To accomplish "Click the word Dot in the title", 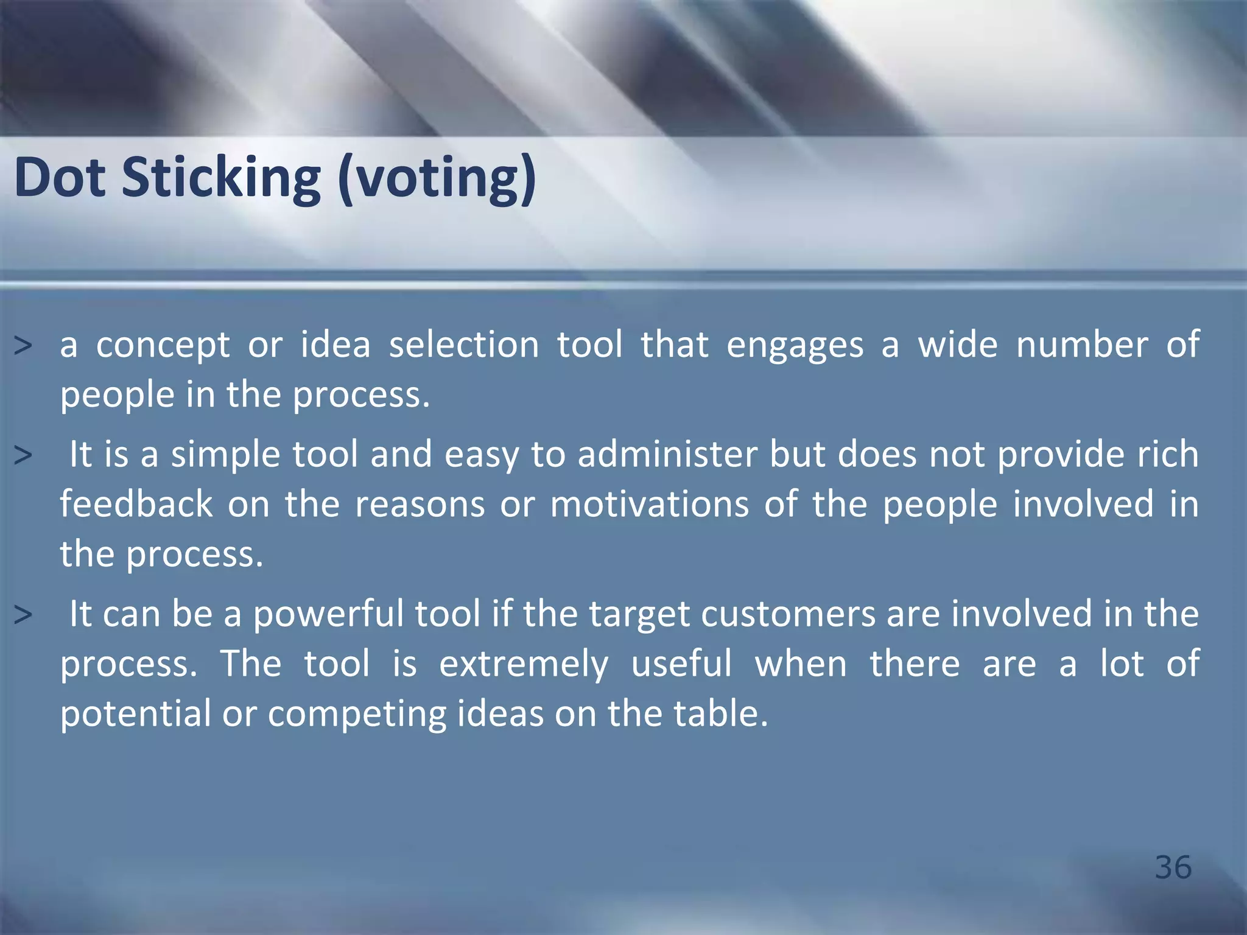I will pos(60,178).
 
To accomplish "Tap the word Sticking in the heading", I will pos(221,178).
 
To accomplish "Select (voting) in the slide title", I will pos(436,178).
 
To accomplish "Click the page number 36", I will pos(1173,867).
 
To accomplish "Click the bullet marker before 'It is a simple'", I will pos(23,456).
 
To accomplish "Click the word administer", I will pos(667,455).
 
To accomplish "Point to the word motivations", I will pos(649,505).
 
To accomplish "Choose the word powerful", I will pos(328,614).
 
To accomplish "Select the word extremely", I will pos(524,664).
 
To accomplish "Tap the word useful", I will pos(681,664).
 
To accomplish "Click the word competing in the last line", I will pos(357,714).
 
